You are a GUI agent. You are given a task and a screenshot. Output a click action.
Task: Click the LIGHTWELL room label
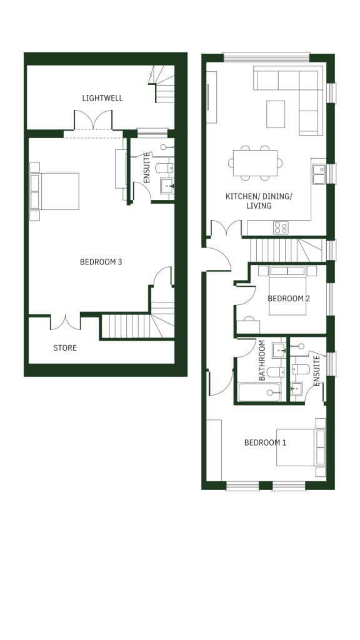[102, 98]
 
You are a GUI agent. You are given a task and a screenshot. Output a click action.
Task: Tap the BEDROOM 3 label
[101, 262]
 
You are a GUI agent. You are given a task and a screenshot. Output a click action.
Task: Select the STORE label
[65, 347]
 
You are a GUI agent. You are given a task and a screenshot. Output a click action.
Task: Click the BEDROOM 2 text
[289, 298]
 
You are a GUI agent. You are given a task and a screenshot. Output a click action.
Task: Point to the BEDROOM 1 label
[265, 442]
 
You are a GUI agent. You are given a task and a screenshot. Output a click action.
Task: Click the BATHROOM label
[262, 361]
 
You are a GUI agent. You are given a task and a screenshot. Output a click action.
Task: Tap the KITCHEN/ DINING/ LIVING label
[259, 201]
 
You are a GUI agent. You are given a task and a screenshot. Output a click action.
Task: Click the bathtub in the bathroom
[259, 392]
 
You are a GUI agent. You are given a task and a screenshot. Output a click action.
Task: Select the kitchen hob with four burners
[281, 227]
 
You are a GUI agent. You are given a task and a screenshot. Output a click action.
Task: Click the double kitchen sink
[319, 174]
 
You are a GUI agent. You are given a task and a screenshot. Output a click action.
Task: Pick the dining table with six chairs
[255, 163]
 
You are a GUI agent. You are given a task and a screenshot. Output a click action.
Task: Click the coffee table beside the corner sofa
[276, 114]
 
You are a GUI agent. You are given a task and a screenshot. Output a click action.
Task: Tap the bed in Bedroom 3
[55, 191]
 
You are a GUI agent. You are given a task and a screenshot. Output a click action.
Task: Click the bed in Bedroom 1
[301, 447]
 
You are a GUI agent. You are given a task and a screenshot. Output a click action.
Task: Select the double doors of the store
[65, 322]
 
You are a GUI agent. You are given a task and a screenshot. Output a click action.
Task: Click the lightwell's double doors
[93, 120]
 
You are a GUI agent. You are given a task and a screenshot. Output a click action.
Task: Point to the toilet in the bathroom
[276, 372]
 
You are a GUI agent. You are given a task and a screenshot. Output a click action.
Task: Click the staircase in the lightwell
[163, 84]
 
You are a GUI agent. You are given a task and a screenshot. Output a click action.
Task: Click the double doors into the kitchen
[226, 229]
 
